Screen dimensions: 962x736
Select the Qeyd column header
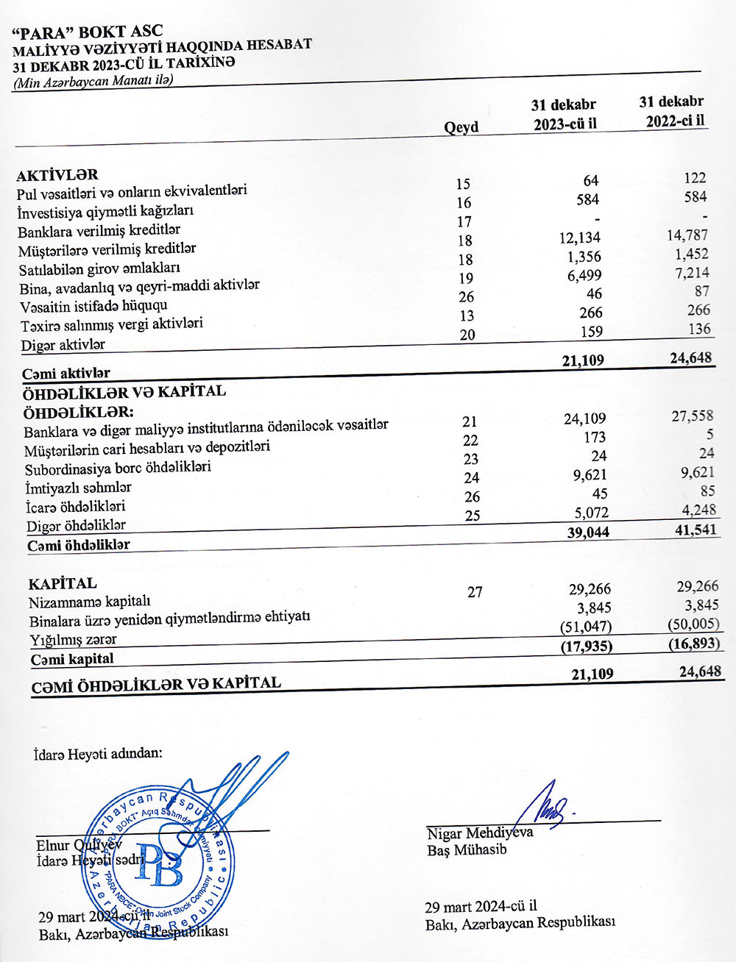(x=461, y=127)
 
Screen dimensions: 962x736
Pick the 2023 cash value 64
(x=590, y=181)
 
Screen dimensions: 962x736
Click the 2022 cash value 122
(x=694, y=178)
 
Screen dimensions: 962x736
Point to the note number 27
(x=475, y=591)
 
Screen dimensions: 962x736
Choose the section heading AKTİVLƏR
(x=57, y=175)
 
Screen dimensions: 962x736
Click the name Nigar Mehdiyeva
(x=479, y=833)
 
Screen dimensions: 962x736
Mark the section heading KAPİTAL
(x=62, y=584)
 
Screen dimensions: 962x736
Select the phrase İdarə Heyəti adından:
(x=98, y=753)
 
